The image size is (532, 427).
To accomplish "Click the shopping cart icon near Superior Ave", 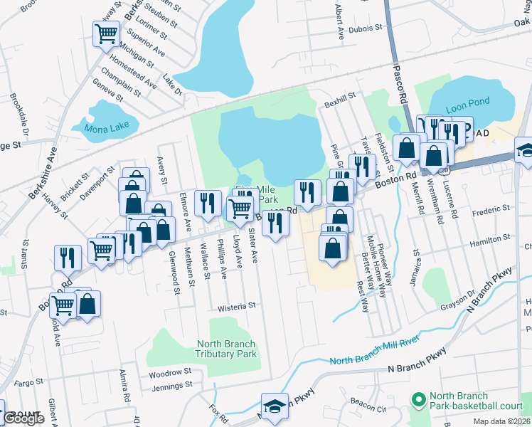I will [x=107, y=33].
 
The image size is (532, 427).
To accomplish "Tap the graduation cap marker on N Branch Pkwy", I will [x=275, y=406].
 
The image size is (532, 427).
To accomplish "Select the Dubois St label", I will [x=368, y=28].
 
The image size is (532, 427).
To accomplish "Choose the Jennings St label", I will [x=173, y=385].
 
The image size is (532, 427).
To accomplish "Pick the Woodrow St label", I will [x=171, y=371].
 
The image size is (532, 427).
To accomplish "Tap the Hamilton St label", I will [x=490, y=243].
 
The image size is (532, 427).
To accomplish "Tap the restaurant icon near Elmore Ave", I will [x=208, y=204].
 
